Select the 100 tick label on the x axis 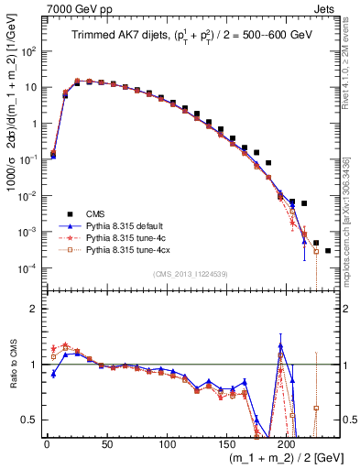click(166, 444)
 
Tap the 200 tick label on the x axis click(286, 444)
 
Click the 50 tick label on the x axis click(106, 444)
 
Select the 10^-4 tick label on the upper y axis click(26, 267)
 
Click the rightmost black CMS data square click(328, 250)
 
